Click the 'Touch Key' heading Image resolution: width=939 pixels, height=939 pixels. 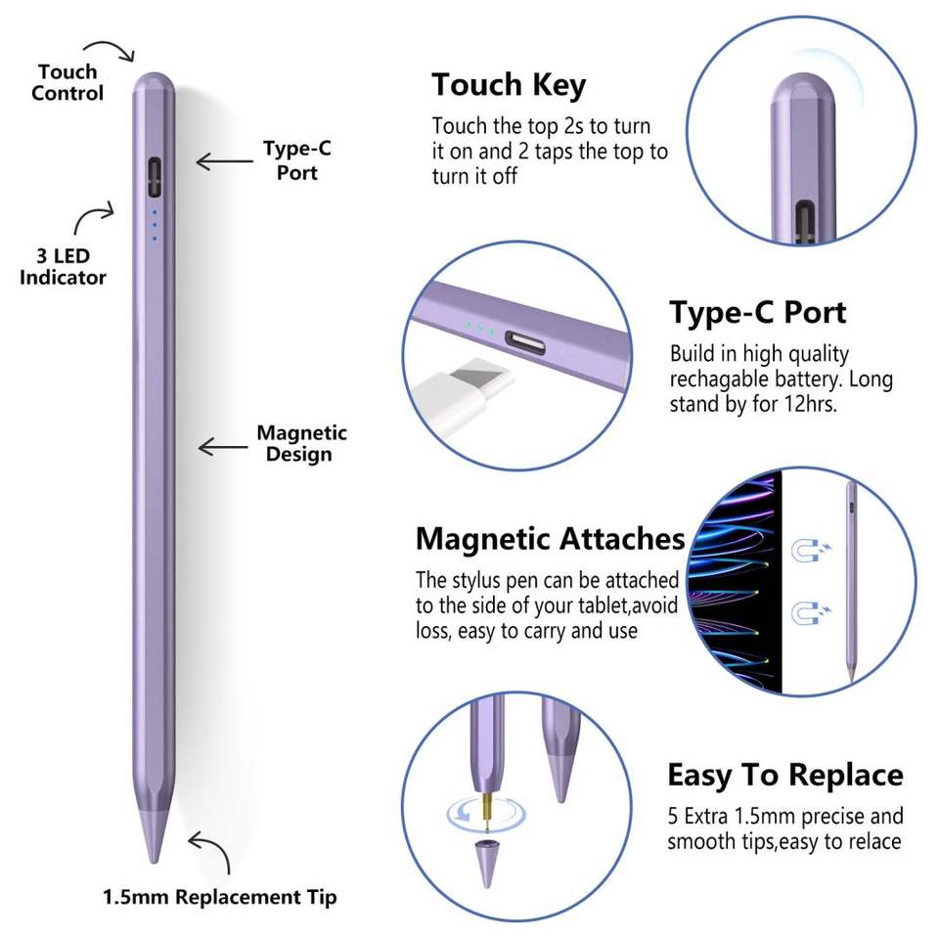click(509, 85)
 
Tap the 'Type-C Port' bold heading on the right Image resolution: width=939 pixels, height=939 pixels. click(757, 313)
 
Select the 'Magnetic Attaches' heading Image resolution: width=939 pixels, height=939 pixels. click(550, 539)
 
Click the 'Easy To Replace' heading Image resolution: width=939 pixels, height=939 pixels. click(785, 776)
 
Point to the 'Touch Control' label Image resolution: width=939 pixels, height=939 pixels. click(67, 82)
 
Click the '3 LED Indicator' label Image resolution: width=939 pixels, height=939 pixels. click(64, 266)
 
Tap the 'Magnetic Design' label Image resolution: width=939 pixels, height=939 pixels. click(301, 443)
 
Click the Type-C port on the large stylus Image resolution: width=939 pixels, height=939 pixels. click(154, 175)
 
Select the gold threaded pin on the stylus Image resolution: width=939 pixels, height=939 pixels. click(485, 807)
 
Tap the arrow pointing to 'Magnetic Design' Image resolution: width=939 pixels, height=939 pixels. click(222, 446)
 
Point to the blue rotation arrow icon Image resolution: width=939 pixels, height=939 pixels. click(459, 811)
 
